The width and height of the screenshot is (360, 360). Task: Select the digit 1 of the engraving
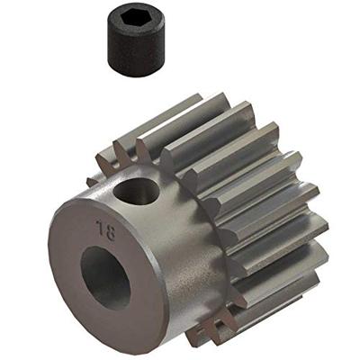[x=109, y=226]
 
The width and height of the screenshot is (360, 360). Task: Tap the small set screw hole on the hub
[x=139, y=191]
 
